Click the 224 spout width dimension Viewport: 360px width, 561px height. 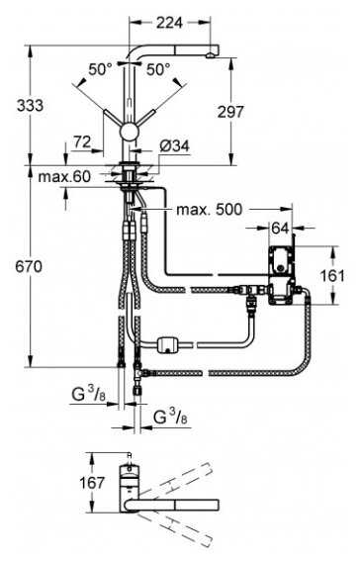tap(169, 23)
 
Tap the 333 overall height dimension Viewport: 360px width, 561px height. tap(31, 106)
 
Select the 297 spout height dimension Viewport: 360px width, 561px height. tap(230, 112)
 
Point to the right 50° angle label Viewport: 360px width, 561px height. tap(158, 69)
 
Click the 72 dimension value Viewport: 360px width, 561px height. tap(82, 142)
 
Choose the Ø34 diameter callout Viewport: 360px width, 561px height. tap(175, 146)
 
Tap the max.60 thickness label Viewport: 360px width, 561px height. tap(64, 176)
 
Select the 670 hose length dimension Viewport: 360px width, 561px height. tap(29, 266)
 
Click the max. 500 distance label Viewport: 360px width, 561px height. tap(209, 210)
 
